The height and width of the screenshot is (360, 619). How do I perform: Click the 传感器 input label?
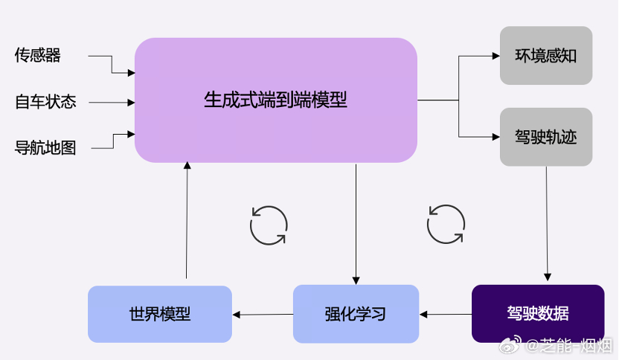click(x=37, y=55)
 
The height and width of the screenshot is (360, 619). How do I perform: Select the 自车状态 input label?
click(x=45, y=102)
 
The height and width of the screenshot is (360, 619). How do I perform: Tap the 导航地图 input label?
click(x=45, y=147)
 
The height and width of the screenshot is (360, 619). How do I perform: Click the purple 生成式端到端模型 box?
click(x=275, y=100)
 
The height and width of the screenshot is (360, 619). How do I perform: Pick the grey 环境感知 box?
click(x=545, y=56)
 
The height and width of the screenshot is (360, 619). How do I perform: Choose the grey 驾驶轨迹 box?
click(x=545, y=137)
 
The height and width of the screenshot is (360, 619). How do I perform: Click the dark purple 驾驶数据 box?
click(x=537, y=313)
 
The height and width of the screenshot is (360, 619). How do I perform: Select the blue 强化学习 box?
click(x=356, y=313)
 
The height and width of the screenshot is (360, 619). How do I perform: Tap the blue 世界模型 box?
click(x=159, y=314)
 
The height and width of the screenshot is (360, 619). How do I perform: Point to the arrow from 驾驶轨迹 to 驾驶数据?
click(x=548, y=223)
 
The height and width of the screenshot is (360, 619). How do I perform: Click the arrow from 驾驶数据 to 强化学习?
click(x=446, y=314)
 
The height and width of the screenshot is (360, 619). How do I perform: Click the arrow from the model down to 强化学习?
click(x=356, y=223)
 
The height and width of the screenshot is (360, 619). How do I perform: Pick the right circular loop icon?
click(x=446, y=224)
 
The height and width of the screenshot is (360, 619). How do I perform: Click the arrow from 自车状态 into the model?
click(x=112, y=102)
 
